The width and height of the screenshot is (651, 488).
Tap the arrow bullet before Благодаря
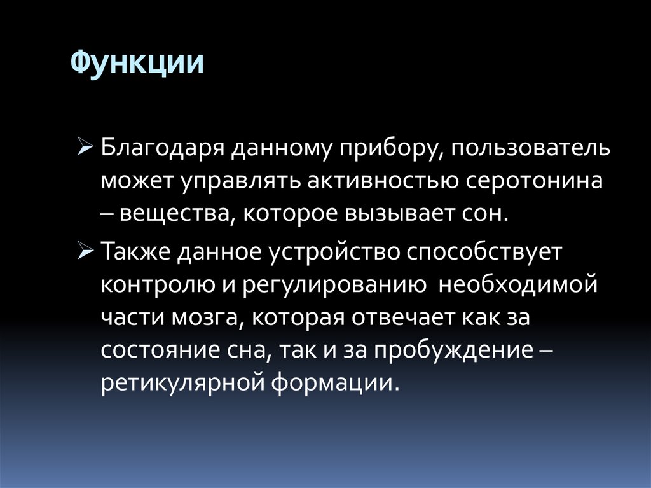[87, 149]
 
